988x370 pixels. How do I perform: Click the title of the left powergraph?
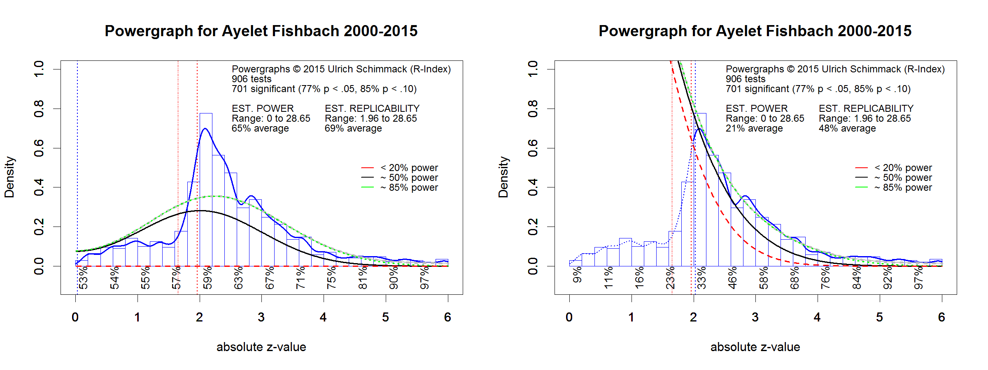point(261,31)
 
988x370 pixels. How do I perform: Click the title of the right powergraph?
point(755,31)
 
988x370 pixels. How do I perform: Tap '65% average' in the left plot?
point(260,128)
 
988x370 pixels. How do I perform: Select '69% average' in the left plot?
point(353,128)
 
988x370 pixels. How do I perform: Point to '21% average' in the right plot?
point(754,128)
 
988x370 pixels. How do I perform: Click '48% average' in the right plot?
point(847,128)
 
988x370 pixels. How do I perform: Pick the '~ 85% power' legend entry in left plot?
point(409,187)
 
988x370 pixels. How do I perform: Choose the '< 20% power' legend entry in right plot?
point(903,168)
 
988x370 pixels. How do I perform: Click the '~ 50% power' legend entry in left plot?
point(409,178)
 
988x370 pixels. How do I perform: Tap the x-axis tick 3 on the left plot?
point(261,317)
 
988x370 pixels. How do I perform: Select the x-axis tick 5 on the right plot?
point(879,317)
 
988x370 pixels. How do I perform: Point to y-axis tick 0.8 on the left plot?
point(39,109)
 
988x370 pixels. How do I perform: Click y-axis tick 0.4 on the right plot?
point(533,187)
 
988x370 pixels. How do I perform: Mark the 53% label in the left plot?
point(83,278)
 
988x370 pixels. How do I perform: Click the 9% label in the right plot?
point(577,275)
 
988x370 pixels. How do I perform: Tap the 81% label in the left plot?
point(363,278)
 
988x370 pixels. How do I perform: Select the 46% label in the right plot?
point(732,278)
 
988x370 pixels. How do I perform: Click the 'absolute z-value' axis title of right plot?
point(755,347)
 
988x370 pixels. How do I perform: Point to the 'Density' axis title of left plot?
point(9,177)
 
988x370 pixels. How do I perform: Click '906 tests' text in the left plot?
point(252,79)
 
